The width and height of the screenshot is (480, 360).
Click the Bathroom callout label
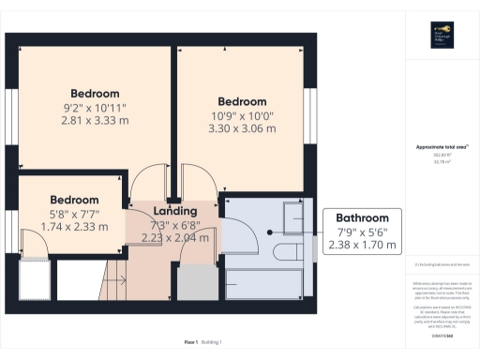(363, 217)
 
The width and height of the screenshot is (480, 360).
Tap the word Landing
(175, 211)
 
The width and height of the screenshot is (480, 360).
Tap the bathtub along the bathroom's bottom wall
(268, 281)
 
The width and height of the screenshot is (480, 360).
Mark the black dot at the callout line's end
(270, 232)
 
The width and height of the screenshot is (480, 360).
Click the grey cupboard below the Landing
(196, 281)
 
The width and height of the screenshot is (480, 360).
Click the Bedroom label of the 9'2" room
(96, 94)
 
